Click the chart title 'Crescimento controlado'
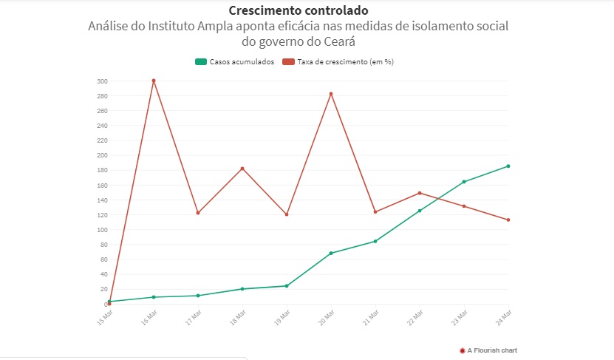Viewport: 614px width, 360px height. coord(299,11)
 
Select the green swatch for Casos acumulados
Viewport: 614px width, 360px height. coord(200,62)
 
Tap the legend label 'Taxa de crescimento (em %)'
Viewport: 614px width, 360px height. coord(345,62)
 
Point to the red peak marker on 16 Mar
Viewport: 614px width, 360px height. coord(154,81)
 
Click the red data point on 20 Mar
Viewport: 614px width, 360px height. coord(331,94)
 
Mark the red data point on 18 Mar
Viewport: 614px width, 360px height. coord(242,169)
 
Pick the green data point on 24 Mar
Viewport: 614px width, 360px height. coord(508,166)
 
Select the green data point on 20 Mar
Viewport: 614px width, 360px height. coord(331,254)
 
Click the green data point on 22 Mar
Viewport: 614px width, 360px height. coord(420,211)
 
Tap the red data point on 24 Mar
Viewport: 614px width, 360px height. coord(508,220)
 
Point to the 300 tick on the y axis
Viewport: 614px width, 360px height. coord(101,81)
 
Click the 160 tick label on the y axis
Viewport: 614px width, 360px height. coord(101,185)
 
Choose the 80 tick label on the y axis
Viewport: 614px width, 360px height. coord(103,245)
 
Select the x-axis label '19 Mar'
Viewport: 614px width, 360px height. coord(282,317)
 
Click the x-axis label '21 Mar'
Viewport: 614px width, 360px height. coord(371,317)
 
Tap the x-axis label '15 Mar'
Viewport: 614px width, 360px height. coord(105,317)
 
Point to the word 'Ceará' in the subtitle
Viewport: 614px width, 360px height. coord(330,41)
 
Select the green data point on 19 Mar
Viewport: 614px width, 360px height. coord(287,286)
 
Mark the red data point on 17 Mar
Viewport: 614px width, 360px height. coord(198,213)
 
